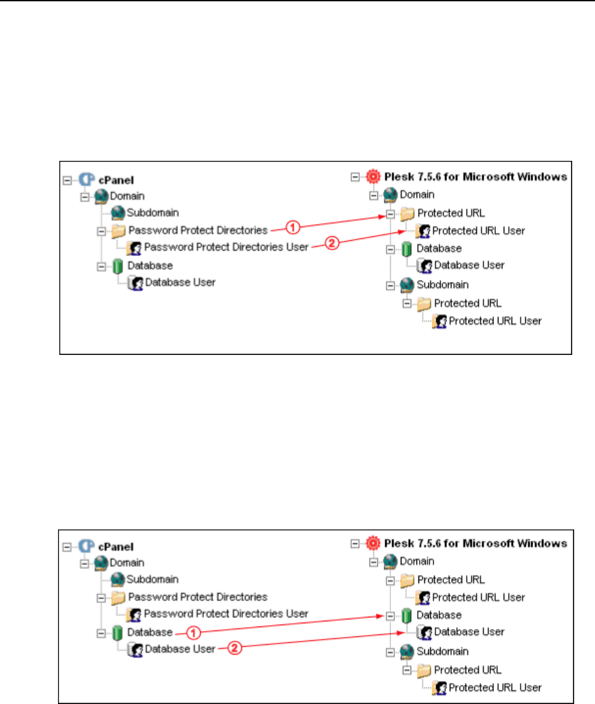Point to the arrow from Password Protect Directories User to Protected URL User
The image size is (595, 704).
[x=371, y=238]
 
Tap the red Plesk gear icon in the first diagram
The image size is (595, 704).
[x=373, y=176]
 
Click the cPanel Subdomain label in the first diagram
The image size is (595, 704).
[x=152, y=212]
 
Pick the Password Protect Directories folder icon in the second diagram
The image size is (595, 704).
[x=118, y=597]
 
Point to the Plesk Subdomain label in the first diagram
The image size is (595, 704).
[x=443, y=285]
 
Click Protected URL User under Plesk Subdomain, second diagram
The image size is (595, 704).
[x=495, y=687]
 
